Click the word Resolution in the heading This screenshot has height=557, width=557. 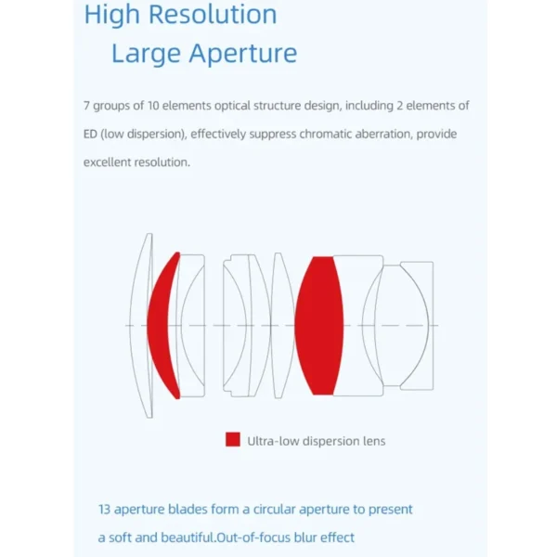[x=213, y=14]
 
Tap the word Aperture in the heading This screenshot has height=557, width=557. [x=243, y=54]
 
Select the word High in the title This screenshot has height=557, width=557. [x=112, y=16]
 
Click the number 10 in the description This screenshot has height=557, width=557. [x=153, y=106]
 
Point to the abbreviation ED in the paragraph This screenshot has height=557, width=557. [x=90, y=134]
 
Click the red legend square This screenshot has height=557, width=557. [x=233, y=439]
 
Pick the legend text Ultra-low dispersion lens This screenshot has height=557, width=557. [x=317, y=441]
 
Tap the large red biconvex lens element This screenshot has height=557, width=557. [x=319, y=326]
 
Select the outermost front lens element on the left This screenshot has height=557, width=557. [x=141, y=326]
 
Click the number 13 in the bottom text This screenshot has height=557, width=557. [x=104, y=510]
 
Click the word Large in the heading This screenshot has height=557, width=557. [x=146, y=54]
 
